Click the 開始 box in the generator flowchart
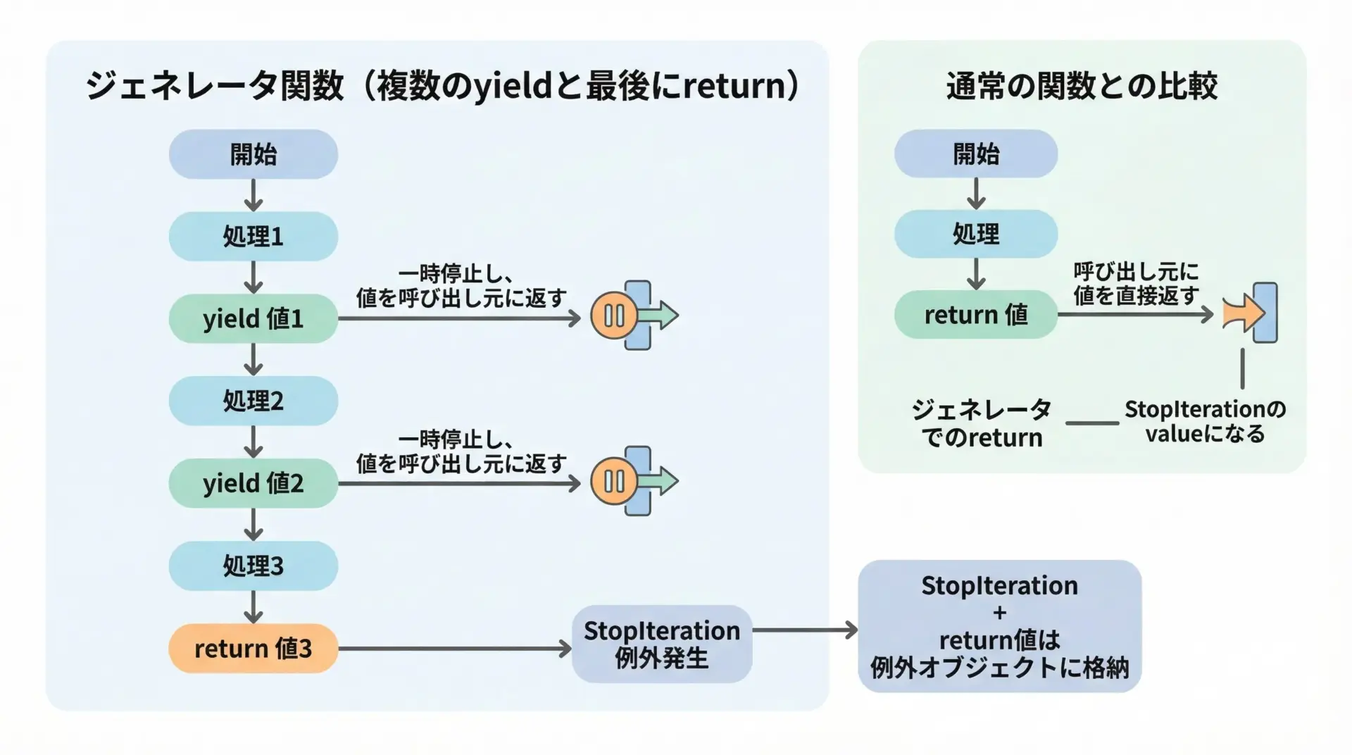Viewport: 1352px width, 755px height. tap(253, 154)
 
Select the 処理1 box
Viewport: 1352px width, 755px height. tap(253, 237)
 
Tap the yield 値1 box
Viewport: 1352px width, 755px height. tap(253, 318)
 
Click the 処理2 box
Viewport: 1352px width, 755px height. tap(253, 401)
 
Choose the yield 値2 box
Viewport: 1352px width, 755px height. tap(253, 483)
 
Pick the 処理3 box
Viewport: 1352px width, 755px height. tap(253, 566)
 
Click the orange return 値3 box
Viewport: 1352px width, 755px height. tap(253, 648)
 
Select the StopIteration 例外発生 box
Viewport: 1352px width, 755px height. tap(661, 644)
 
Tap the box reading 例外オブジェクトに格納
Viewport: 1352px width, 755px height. tap(999, 626)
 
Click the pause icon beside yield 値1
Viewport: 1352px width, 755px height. tap(614, 316)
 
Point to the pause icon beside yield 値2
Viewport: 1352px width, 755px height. tap(614, 481)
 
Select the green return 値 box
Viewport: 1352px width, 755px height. tap(975, 314)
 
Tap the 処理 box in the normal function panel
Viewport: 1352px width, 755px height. tap(975, 234)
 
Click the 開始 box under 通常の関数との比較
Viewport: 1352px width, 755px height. tap(975, 154)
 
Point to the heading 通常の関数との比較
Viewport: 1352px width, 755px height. tap(1082, 86)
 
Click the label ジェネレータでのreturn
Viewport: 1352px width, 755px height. tap(982, 423)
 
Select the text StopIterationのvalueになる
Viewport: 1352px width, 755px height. tap(1205, 421)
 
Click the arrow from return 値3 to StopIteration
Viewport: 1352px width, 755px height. tap(454, 649)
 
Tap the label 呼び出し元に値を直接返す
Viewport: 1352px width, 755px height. tap(1136, 284)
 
